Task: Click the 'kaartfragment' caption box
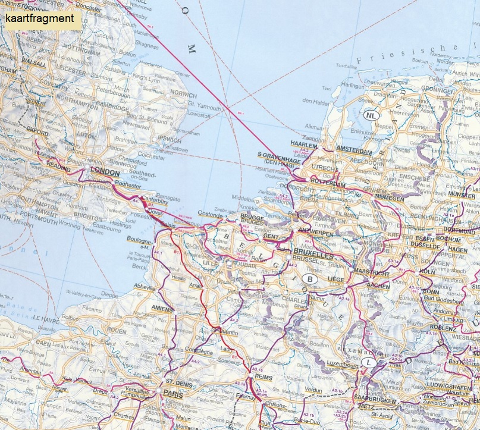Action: (41, 18)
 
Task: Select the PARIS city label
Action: (174, 393)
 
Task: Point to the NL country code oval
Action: (372, 115)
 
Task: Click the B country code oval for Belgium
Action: (309, 278)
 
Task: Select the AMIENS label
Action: (162, 309)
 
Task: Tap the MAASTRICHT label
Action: (371, 272)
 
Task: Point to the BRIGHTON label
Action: (89, 218)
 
